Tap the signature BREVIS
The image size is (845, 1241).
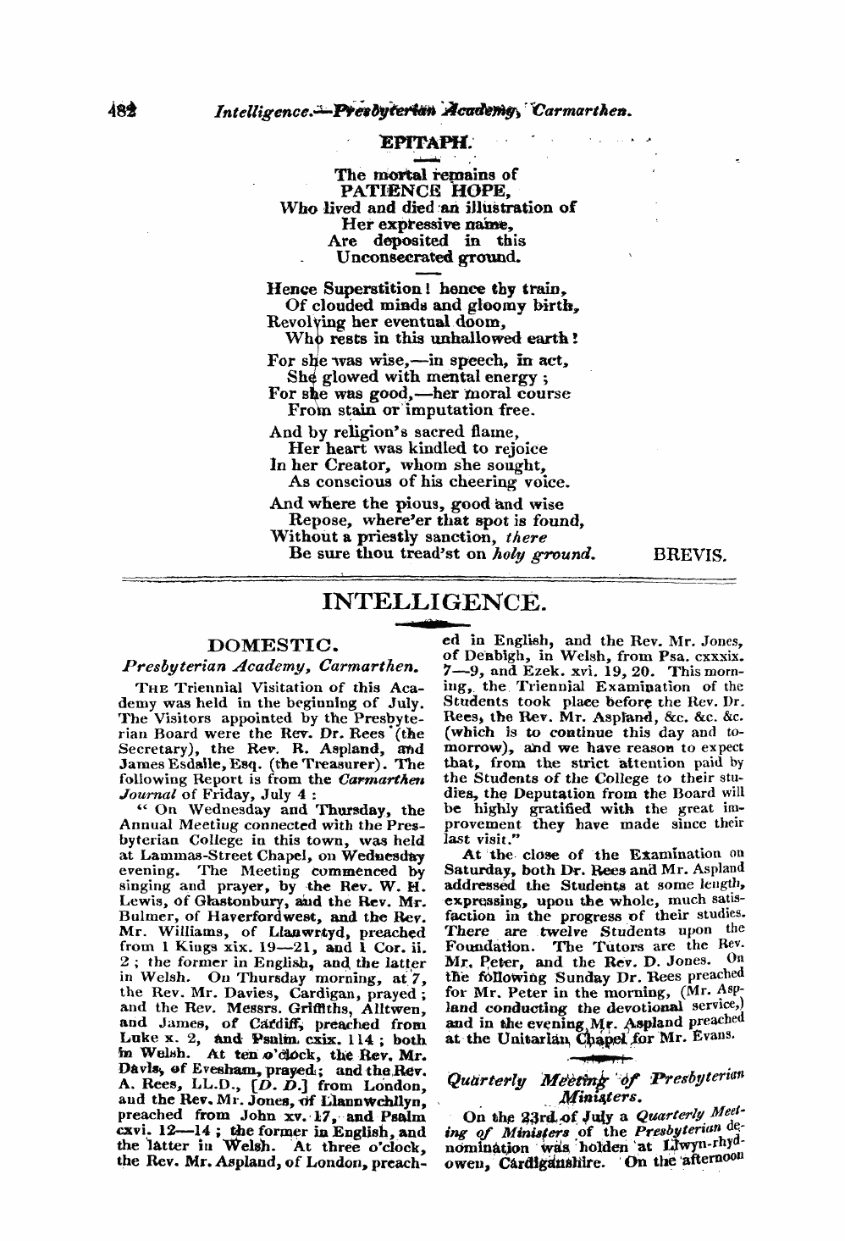click(x=691, y=556)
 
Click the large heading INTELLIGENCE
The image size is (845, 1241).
click(x=430, y=602)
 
